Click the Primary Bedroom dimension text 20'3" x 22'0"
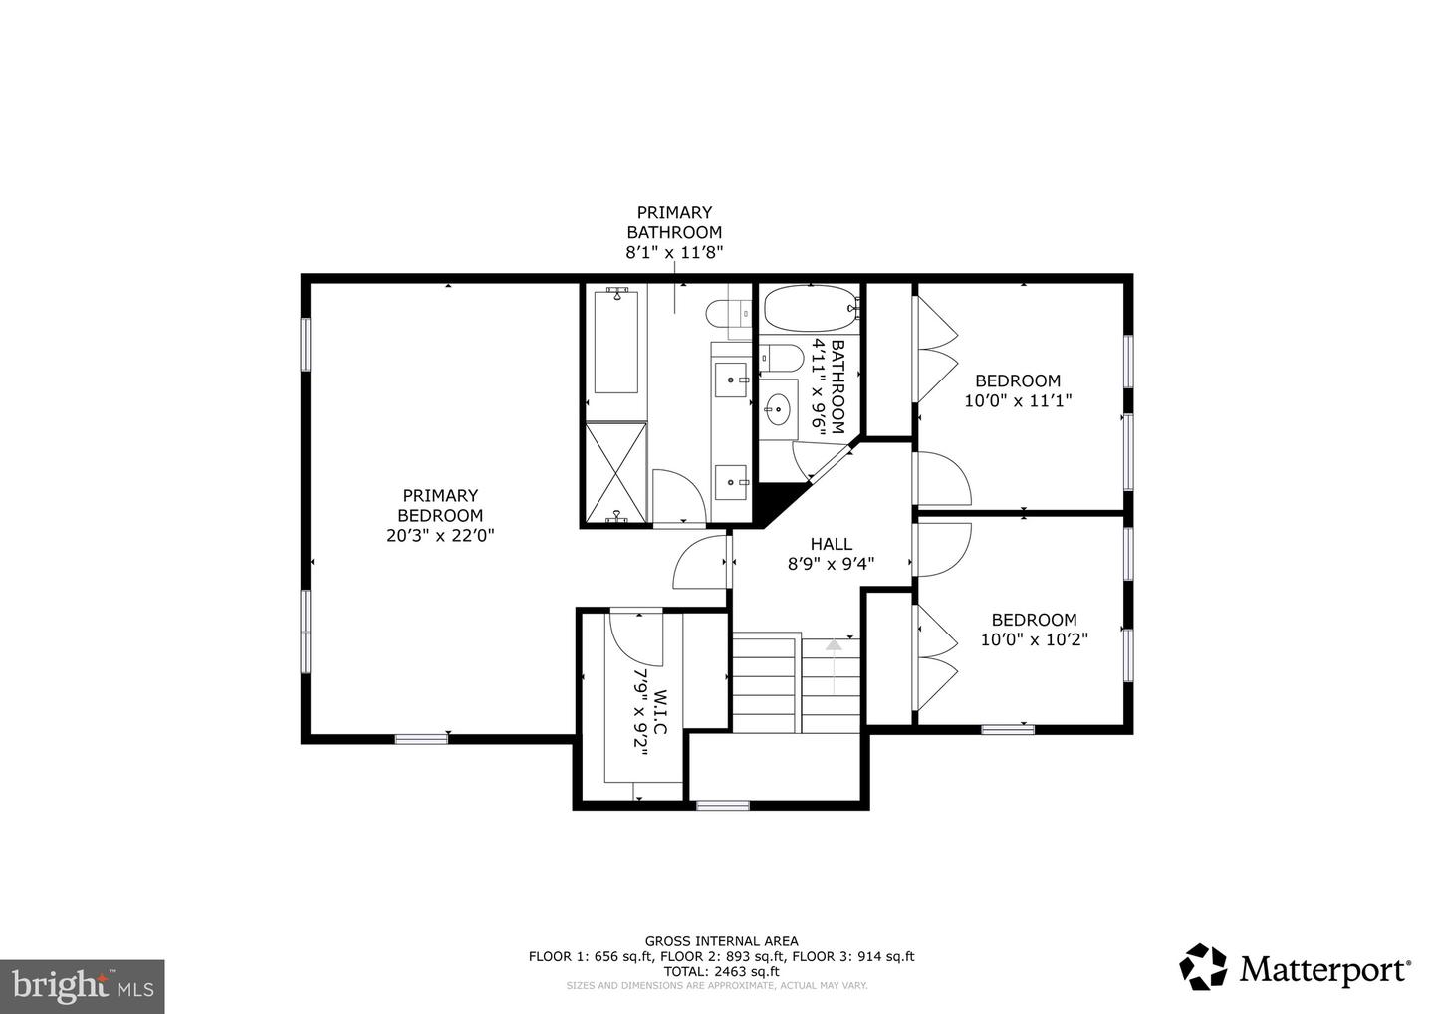(440, 535)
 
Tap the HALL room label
(831, 544)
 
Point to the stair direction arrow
(833, 666)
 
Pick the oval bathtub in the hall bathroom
(811, 309)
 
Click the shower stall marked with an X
(615, 472)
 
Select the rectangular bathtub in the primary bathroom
(615, 343)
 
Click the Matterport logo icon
(1203, 966)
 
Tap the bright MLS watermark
(83, 986)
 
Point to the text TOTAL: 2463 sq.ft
(721, 972)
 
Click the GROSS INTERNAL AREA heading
(721, 941)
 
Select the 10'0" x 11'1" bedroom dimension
(1018, 400)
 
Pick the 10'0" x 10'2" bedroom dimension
(1035, 639)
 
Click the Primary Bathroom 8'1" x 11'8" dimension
(674, 252)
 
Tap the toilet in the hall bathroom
(781, 358)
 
